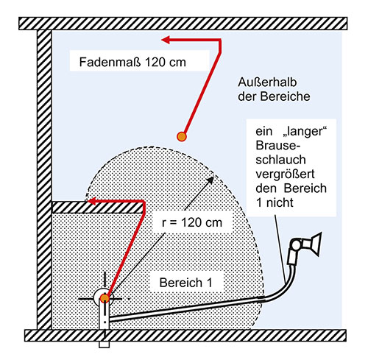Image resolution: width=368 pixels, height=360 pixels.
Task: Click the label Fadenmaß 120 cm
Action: click(132, 62)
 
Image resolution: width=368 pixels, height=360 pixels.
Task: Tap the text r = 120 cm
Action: click(192, 222)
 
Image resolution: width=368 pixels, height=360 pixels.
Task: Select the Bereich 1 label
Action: click(185, 283)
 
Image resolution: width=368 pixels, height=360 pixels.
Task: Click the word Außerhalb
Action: click(267, 82)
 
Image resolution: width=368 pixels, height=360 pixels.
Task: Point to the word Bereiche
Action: click(285, 96)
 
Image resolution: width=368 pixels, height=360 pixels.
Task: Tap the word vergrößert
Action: click(285, 174)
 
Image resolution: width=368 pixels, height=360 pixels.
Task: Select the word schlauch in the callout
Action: click(280, 160)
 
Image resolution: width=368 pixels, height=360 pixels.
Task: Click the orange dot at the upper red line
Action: click(182, 136)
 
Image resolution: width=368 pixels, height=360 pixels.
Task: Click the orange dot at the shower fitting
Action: click(105, 298)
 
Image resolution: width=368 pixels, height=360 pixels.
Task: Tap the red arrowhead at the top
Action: click(166, 40)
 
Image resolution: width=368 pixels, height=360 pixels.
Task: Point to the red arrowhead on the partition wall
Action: click(92, 202)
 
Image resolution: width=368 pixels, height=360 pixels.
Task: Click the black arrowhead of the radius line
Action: click(210, 180)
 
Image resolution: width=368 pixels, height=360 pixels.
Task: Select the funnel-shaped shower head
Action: click(315, 244)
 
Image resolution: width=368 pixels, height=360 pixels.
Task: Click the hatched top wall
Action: click(183, 24)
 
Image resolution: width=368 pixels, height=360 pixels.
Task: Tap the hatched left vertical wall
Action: click(44, 180)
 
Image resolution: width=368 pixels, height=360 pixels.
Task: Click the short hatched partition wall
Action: click(98, 208)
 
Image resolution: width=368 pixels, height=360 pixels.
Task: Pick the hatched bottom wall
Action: click(185, 336)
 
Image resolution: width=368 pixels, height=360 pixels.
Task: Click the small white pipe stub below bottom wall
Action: click(104, 345)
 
